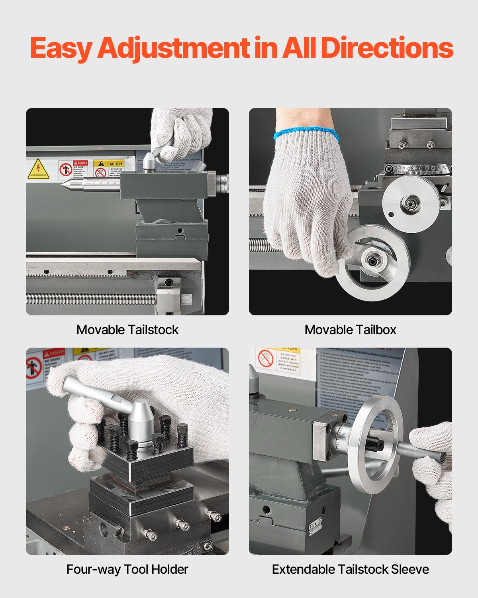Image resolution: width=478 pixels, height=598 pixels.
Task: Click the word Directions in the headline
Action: tap(387, 48)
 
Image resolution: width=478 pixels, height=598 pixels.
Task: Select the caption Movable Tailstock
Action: tap(127, 330)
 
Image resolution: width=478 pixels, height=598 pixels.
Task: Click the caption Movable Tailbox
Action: tap(351, 330)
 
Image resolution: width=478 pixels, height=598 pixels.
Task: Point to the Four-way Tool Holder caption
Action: tap(127, 569)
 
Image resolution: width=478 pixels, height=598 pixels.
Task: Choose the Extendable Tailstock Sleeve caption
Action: tap(351, 569)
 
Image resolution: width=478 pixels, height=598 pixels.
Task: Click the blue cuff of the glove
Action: tap(306, 133)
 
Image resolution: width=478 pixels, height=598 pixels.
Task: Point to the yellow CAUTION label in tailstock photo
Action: tap(108, 163)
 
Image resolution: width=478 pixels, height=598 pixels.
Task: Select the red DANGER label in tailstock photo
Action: tap(80, 163)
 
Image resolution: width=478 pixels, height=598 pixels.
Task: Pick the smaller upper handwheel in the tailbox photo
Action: tap(410, 203)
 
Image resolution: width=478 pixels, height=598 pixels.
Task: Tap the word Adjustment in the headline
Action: tap(173, 49)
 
